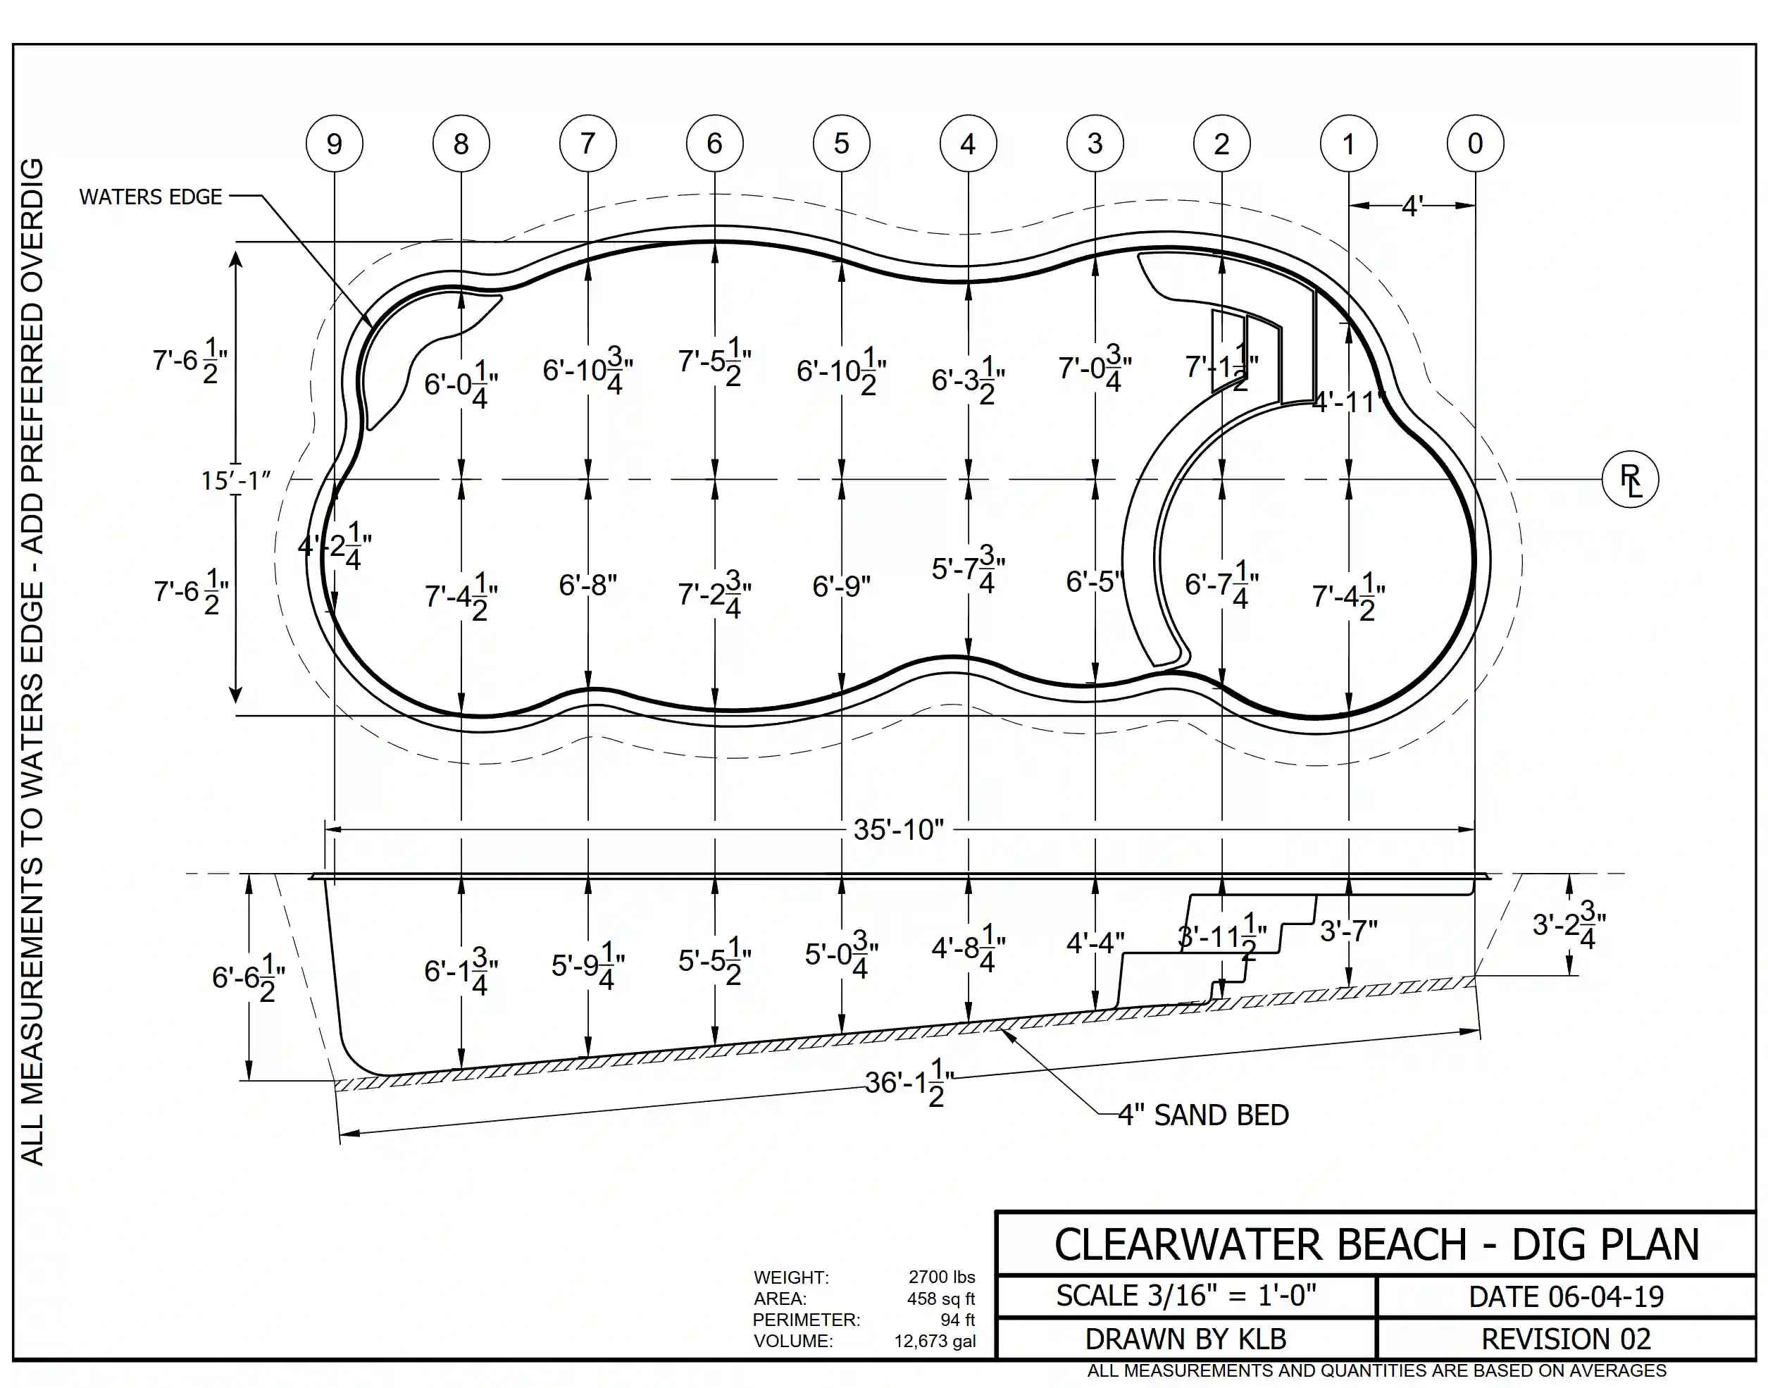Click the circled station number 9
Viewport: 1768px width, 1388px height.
click(334, 144)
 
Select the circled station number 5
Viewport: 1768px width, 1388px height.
click(841, 144)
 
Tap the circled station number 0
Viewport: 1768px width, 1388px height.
click(1475, 144)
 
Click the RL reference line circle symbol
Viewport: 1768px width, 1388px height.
click(1629, 480)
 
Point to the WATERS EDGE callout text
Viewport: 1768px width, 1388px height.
click(150, 197)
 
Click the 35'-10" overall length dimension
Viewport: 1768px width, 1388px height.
click(898, 830)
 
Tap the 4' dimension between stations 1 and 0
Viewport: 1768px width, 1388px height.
click(1412, 206)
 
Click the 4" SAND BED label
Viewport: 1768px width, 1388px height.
click(1203, 1115)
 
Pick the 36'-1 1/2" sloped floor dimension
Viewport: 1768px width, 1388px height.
click(909, 1082)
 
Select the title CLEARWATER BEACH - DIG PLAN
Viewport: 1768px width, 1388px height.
click(1376, 1244)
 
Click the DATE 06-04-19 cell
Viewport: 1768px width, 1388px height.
click(1566, 1296)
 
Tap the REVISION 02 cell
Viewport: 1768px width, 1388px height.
click(1566, 1339)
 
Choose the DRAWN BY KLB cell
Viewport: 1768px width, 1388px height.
click(1185, 1339)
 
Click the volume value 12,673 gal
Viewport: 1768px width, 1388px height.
click(935, 1341)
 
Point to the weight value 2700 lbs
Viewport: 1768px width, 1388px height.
click(941, 1277)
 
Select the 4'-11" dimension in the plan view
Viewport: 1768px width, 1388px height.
click(1349, 402)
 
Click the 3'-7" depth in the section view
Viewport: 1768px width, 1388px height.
click(1349, 931)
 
